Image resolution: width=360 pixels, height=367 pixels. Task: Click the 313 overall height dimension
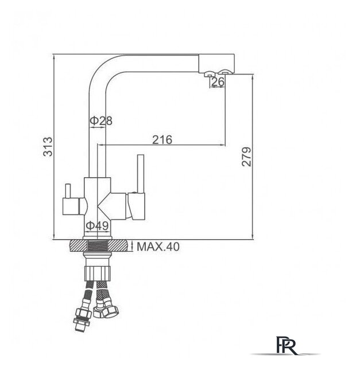point(48,147)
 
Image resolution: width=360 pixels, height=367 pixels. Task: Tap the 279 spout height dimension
point(246,157)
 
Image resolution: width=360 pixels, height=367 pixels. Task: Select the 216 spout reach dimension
point(162,140)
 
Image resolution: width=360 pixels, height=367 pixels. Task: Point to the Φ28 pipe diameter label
point(101,120)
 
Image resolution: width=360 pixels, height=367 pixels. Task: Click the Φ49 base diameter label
point(97,225)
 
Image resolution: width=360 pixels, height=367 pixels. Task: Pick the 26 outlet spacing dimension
point(218,81)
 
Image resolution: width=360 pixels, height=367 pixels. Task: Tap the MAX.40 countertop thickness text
point(158,247)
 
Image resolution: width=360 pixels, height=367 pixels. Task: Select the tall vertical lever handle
point(141,174)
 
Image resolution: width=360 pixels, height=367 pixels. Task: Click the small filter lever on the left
point(68,191)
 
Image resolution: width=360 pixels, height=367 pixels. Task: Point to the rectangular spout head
point(216,64)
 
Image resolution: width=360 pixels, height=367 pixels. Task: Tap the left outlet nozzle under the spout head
point(208,73)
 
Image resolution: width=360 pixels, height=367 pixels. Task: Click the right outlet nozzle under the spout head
point(225,73)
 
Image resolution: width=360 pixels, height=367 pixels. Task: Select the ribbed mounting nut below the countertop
point(97,273)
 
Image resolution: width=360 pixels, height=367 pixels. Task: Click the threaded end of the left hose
point(79,326)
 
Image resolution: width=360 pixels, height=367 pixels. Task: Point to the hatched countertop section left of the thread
point(78,246)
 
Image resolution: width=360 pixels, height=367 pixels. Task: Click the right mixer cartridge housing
point(136,206)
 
